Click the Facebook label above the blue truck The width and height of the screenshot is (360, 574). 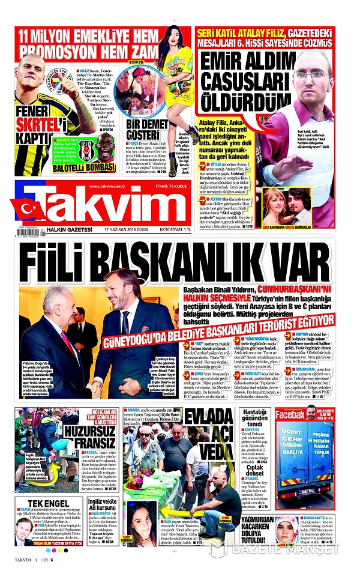pyautogui.click(x=290, y=414)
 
